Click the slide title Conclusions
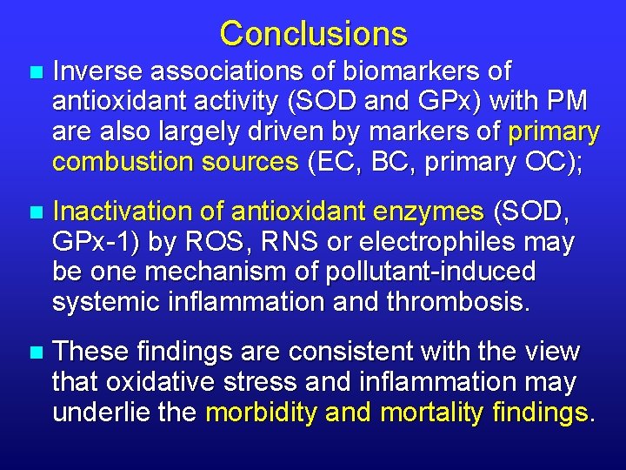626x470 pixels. pyautogui.click(x=313, y=34)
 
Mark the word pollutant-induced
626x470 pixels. pyautogui.click(x=430, y=272)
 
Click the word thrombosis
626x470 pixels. pyautogui.click(x=455, y=303)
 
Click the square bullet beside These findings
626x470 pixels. pyautogui.click(x=34, y=352)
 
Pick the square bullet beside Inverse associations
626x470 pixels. pyautogui.click(x=34, y=71)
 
